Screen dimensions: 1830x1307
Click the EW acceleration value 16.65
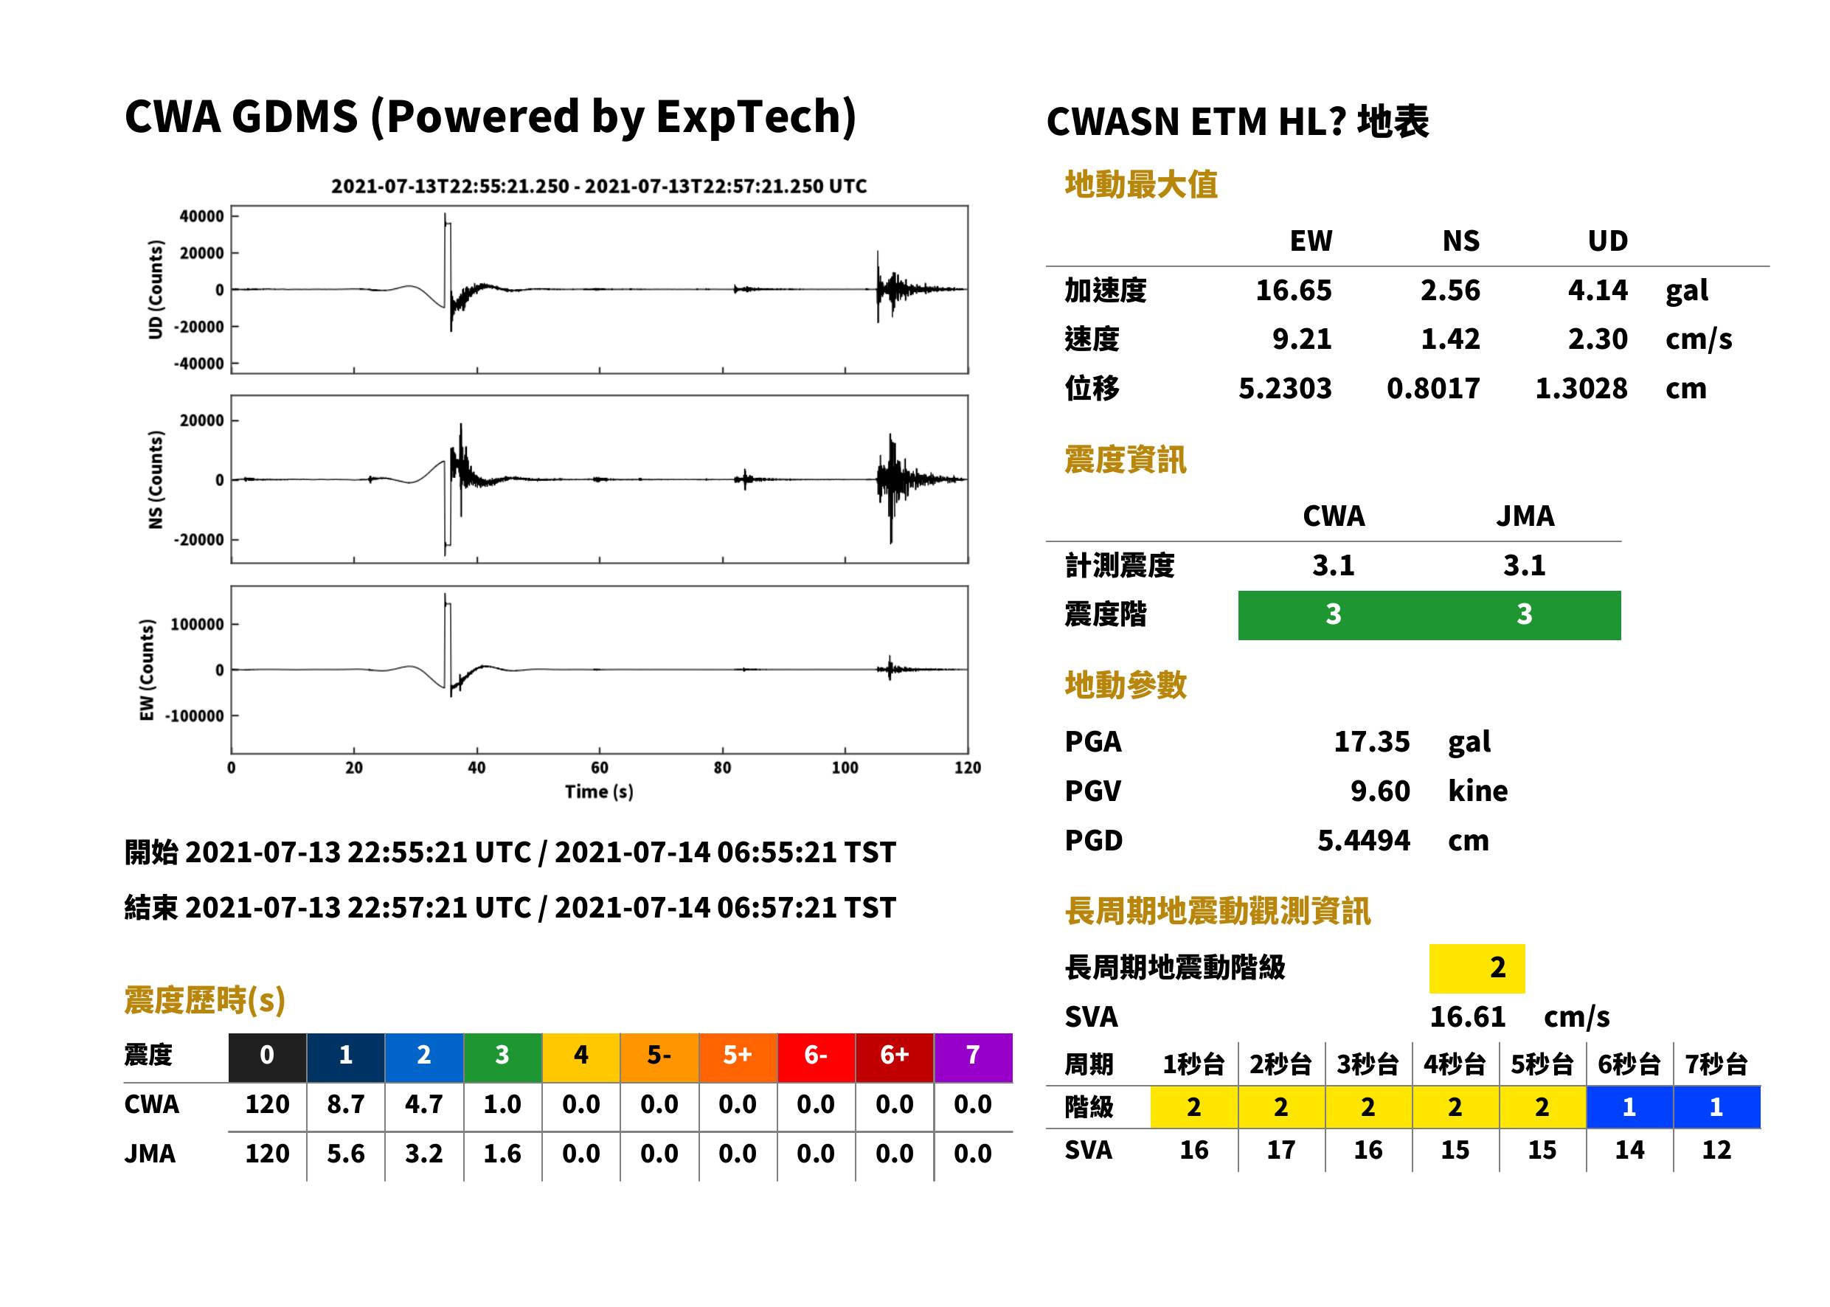(x=1293, y=290)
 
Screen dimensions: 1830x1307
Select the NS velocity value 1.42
(x=1449, y=339)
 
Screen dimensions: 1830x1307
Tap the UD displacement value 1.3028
(x=1581, y=389)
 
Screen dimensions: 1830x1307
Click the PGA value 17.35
(x=1371, y=741)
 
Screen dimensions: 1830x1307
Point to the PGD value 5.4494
(x=1363, y=840)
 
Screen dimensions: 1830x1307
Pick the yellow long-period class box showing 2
(x=1477, y=968)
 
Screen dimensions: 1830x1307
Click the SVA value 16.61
(x=1467, y=1016)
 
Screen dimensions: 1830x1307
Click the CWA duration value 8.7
(x=345, y=1104)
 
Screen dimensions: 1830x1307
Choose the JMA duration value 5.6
(x=345, y=1154)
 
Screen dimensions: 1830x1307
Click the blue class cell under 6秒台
(x=1629, y=1106)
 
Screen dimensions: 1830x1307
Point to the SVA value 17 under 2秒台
(x=1281, y=1149)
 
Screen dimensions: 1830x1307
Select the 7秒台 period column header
(x=1716, y=1064)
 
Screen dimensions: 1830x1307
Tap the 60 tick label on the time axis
(x=600, y=768)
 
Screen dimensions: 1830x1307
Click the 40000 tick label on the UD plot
(x=202, y=217)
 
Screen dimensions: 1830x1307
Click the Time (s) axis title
(x=599, y=792)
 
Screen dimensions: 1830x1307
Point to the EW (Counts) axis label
(x=147, y=670)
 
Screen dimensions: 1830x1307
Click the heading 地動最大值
(x=1141, y=184)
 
